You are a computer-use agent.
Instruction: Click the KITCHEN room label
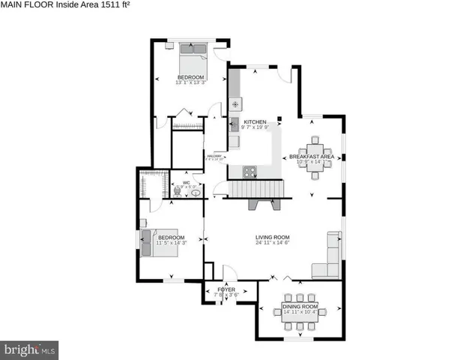[x=255, y=121]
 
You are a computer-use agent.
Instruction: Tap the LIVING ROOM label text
[x=273, y=237]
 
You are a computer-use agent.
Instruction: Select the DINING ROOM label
[x=300, y=306]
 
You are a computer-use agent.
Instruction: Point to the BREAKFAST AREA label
[x=312, y=156]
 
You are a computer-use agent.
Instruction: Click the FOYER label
[x=226, y=289]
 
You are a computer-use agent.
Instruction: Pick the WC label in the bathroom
[x=186, y=182]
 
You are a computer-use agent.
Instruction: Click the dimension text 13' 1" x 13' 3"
[x=190, y=82]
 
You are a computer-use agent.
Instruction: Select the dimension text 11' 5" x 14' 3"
[x=171, y=243]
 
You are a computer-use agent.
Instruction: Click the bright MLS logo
[x=30, y=349]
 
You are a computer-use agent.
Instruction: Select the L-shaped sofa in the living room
[x=327, y=259]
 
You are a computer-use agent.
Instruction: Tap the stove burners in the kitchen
[x=250, y=172]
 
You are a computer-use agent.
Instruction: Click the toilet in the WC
[x=176, y=191]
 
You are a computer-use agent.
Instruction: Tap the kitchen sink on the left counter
[x=234, y=124]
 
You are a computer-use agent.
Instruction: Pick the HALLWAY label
[x=214, y=156]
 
